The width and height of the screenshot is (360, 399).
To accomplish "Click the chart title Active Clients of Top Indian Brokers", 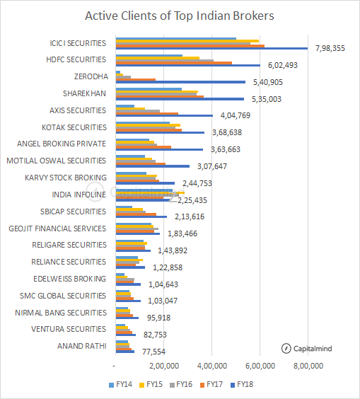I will [x=180, y=16].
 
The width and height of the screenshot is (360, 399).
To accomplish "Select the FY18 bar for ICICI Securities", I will [x=211, y=49].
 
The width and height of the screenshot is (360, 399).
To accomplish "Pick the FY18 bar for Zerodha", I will [x=180, y=82].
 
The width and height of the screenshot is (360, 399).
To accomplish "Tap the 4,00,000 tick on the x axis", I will [x=211, y=366].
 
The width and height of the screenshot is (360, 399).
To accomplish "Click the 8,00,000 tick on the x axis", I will [x=308, y=366].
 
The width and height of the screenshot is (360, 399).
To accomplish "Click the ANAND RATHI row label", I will [x=81, y=346].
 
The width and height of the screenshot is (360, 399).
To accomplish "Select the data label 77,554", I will [x=153, y=352].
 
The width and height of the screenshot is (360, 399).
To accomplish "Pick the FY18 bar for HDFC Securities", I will [x=187, y=66].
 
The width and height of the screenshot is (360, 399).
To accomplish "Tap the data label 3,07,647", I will [x=210, y=167].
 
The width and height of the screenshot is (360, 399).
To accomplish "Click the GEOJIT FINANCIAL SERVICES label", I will [x=57, y=229].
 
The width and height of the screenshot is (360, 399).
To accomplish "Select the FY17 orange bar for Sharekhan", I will [x=159, y=96].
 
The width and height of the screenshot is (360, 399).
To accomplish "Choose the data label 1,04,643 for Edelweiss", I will [x=162, y=284].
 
